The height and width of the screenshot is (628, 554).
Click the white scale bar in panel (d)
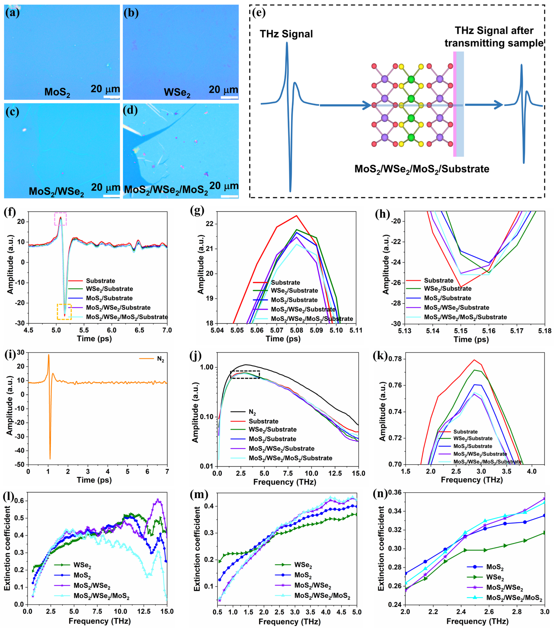[x=229, y=196]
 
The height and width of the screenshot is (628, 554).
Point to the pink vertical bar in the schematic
[x=455, y=104]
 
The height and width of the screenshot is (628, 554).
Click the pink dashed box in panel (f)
[x=61, y=219]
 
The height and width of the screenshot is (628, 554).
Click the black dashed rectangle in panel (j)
[x=245, y=375]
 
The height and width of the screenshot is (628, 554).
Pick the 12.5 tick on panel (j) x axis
[x=335, y=473]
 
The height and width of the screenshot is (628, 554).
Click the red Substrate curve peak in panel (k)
[x=474, y=360]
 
